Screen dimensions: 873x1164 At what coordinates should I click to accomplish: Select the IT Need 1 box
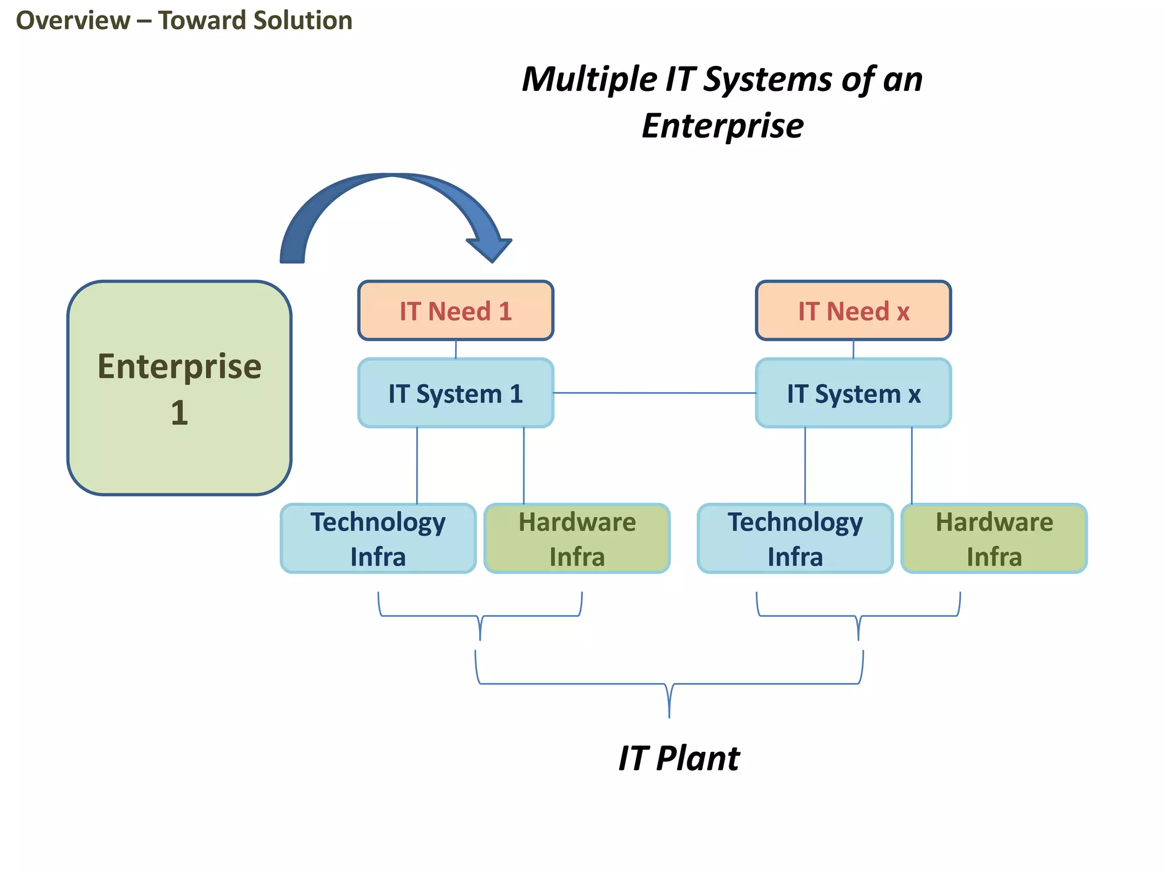coord(455,311)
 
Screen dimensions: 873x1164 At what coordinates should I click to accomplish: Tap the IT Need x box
coord(853,311)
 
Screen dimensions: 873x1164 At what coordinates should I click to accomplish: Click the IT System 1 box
coord(455,393)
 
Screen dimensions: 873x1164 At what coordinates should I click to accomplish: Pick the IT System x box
coord(853,393)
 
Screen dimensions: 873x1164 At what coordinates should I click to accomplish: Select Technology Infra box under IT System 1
coord(378,538)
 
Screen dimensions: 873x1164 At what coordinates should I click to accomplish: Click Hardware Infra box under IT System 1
coord(577,538)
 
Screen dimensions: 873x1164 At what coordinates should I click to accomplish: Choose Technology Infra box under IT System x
coord(795,538)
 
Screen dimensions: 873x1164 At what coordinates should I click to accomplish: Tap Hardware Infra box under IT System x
coord(994,538)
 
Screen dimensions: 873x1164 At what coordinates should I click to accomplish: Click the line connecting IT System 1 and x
coord(654,393)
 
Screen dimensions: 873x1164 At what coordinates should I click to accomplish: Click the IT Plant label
coord(679,758)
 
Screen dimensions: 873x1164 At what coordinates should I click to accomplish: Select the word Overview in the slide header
coord(73,20)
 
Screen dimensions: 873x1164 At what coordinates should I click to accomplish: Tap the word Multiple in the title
coord(589,79)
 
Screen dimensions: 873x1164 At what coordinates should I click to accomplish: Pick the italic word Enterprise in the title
coord(722,126)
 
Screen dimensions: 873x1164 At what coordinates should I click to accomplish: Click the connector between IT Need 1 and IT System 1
coord(456,349)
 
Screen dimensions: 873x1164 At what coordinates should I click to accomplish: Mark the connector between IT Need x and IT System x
coord(853,349)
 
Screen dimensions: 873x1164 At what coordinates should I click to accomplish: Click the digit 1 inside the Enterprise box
coord(179,413)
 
